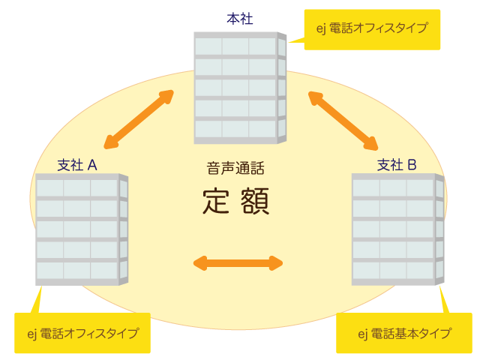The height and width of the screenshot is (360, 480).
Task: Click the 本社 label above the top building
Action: coord(240,18)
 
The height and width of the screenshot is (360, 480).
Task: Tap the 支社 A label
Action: coord(77,164)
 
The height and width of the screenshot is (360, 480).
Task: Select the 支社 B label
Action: coord(397,164)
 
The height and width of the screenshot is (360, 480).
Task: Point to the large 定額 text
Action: coord(235,201)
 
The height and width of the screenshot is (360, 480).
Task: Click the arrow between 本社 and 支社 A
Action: coord(139,118)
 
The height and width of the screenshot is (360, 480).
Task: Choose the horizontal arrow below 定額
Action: coord(238,262)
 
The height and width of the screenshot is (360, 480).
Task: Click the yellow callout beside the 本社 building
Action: coord(372,29)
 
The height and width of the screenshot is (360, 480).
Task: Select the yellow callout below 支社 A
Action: coord(82,333)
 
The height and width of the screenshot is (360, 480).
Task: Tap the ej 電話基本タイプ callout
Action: coord(404,333)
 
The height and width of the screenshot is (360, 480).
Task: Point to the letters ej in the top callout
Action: coord(320,29)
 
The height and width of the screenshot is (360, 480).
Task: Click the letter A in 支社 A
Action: coord(92,164)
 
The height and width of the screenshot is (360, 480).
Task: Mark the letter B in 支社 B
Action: coord(412,164)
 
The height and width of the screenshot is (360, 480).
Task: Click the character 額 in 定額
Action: coord(254,201)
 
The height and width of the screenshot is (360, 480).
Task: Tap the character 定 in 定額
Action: coord(217,201)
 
